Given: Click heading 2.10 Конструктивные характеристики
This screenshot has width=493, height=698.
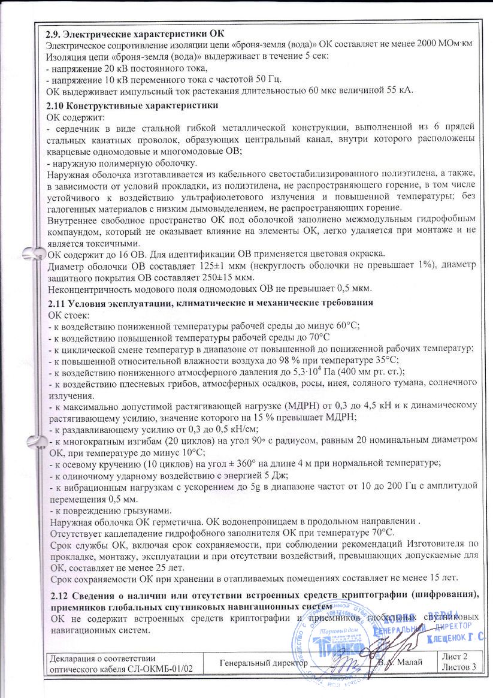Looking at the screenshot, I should pyautogui.click(x=132, y=105).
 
